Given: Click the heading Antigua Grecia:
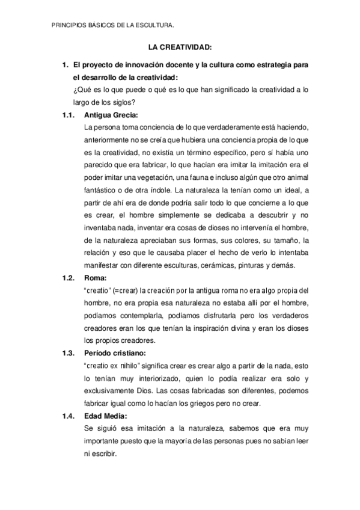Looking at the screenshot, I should click(112, 114).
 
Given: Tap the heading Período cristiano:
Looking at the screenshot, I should click(120, 352).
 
